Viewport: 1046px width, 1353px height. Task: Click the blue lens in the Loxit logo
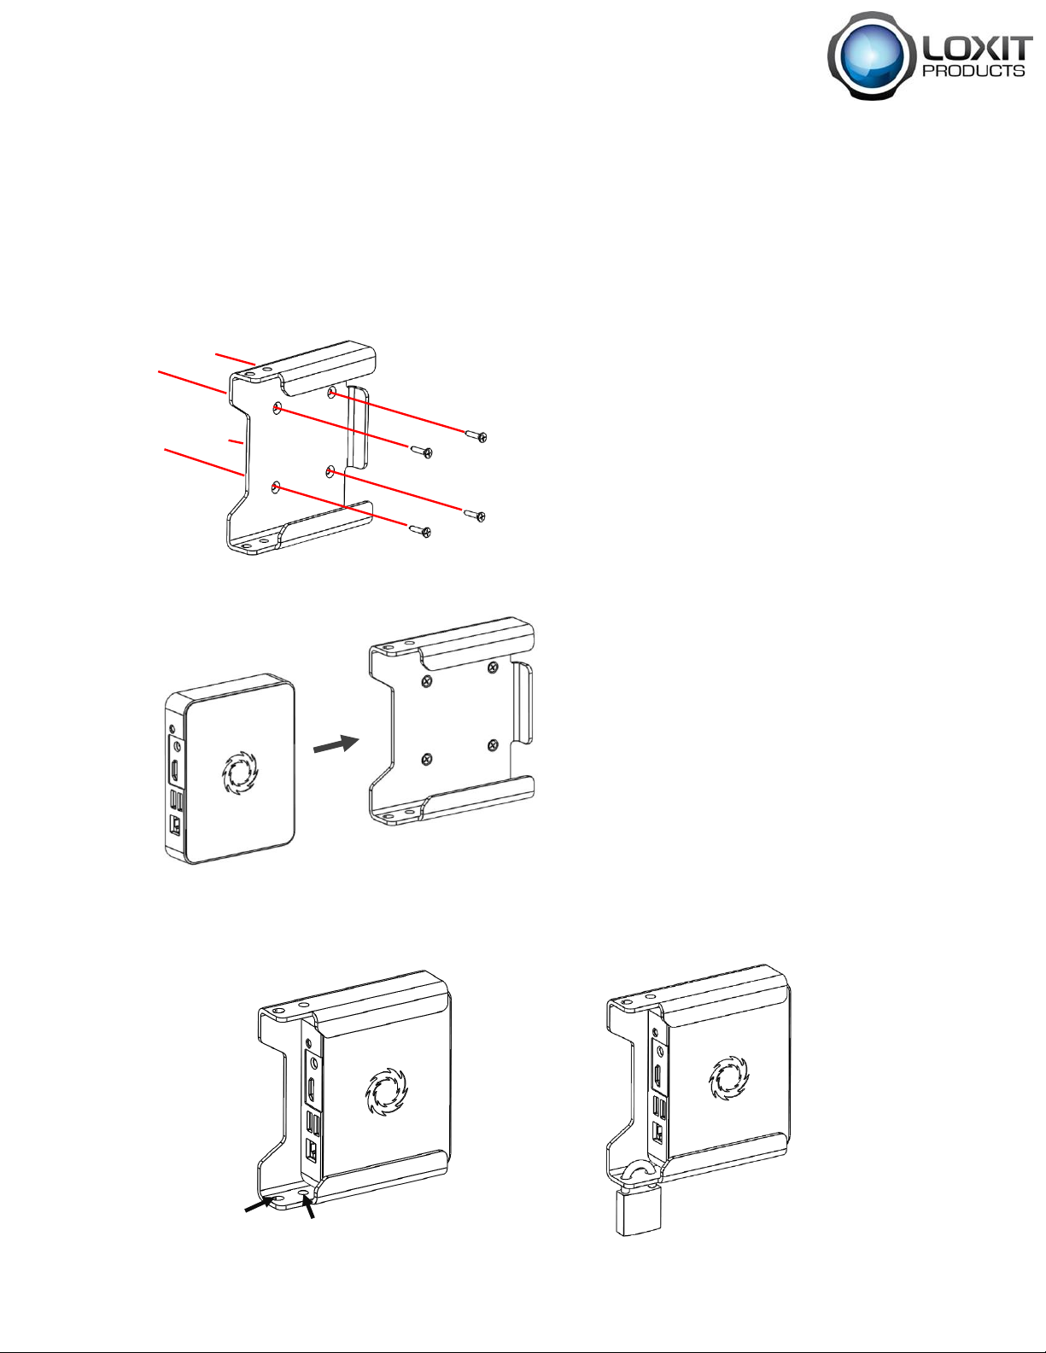(873, 55)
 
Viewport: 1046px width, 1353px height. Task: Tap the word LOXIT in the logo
(975, 48)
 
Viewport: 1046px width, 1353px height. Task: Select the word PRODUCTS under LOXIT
(973, 70)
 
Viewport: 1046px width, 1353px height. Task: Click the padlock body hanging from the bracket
(638, 1210)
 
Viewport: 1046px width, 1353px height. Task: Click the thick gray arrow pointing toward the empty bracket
(336, 744)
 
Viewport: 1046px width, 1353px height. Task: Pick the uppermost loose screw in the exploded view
(476, 436)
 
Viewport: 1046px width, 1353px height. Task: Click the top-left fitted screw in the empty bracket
(426, 681)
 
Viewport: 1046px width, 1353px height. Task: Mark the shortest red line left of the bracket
(236, 442)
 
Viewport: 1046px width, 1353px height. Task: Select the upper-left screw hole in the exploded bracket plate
(277, 408)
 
